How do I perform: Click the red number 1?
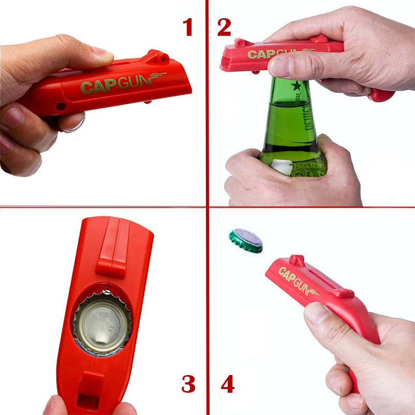tap(188, 26)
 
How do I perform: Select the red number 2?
tap(224, 26)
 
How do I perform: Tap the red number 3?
tap(188, 384)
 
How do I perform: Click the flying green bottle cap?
tap(246, 241)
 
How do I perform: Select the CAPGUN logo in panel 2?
tap(275, 53)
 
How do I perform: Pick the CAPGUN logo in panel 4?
tap(298, 280)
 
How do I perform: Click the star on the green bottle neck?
tap(296, 86)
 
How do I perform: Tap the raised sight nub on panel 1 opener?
tap(156, 56)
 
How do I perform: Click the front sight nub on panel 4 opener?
tap(297, 259)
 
